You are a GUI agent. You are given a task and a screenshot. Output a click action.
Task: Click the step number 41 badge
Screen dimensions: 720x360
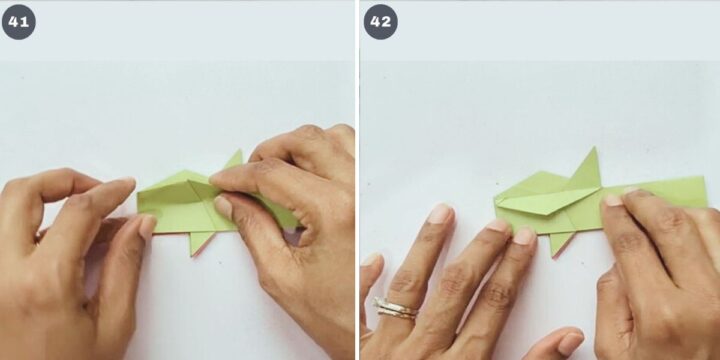tap(19, 22)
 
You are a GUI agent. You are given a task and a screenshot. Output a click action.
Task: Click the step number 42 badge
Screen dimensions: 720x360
tap(381, 22)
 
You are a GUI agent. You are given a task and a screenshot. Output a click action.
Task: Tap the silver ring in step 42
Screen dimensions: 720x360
tap(396, 308)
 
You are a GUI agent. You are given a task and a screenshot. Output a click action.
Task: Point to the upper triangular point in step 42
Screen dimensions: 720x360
tap(595, 148)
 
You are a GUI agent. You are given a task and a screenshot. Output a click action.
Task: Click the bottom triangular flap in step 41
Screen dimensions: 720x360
tap(200, 242)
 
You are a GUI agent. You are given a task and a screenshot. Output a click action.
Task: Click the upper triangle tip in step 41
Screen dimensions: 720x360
tap(240, 150)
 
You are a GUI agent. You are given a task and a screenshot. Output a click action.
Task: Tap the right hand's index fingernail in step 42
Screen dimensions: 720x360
tap(613, 200)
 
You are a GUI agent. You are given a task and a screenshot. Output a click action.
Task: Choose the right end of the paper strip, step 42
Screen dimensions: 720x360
tap(706, 192)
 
